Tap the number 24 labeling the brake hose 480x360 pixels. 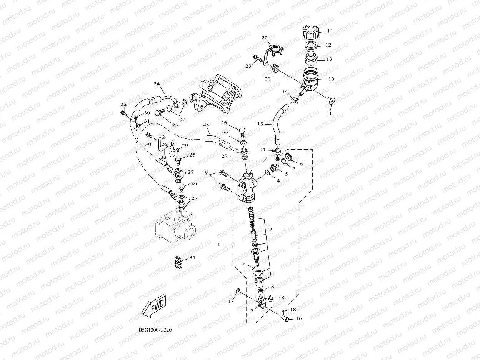(x=157, y=84)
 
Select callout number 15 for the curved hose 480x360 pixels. (x=260, y=124)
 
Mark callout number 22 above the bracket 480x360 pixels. (x=264, y=38)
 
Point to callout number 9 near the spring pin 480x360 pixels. (x=244, y=263)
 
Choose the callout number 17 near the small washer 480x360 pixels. (x=231, y=302)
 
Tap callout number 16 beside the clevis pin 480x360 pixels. (x=299, y=318)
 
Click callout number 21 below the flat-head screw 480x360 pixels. (x=329, y=113)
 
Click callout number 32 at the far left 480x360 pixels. (x=123, y=105)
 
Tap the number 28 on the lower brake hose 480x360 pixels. (x=206, y=125)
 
